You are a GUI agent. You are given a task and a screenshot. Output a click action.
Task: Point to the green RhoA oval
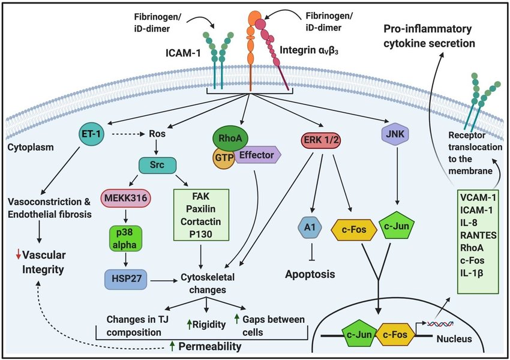[229, 139]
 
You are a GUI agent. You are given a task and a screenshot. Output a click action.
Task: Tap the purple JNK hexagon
[395, 136]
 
